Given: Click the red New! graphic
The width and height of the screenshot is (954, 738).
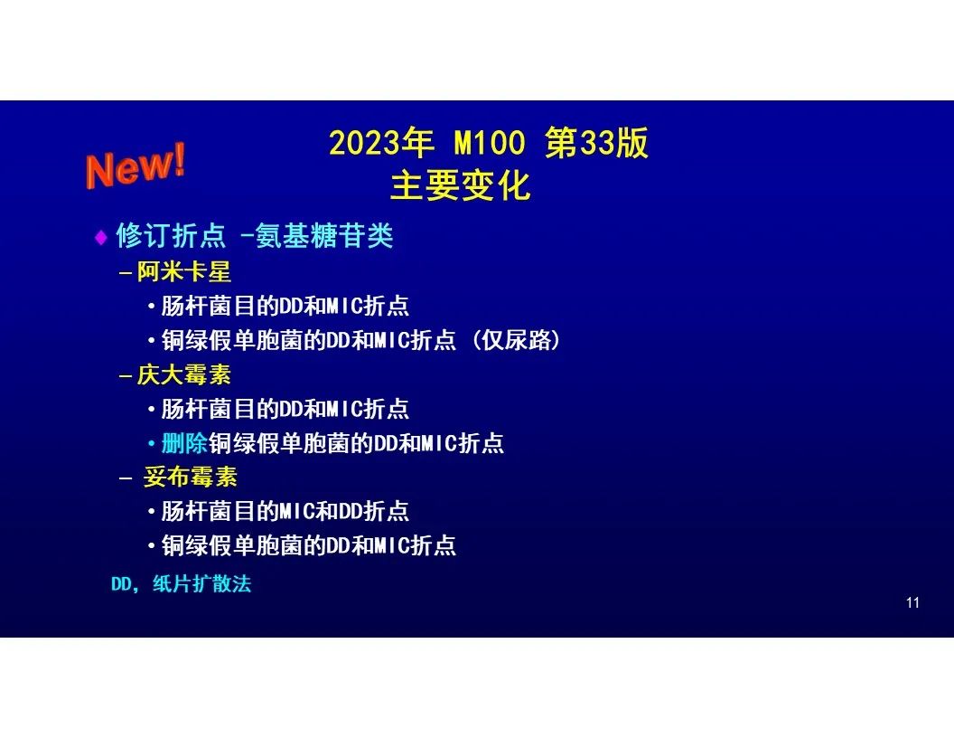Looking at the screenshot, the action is (136, 166).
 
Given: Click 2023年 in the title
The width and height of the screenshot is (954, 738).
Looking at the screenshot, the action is (381, 143).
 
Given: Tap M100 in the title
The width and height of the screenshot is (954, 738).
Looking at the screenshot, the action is (489, 143).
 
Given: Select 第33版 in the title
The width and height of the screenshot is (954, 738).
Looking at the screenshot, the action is (596, 143).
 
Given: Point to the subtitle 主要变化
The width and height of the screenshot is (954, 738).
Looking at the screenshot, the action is (461, 185).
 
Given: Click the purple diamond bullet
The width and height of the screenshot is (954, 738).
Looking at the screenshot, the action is (101, 237).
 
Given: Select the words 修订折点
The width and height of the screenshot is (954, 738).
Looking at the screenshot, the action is (171, 236).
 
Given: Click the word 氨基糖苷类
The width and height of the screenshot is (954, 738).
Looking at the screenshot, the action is (324, 236).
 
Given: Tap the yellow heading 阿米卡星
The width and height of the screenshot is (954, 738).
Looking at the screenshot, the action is (183, 271).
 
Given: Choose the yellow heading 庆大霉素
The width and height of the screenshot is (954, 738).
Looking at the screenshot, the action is (183, 374).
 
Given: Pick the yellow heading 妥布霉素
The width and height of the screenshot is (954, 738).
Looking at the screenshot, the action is (190, 477).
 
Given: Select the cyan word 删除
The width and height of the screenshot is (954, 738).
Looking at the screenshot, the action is (184, 442).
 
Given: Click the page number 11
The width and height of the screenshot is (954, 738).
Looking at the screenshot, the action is (912, 603).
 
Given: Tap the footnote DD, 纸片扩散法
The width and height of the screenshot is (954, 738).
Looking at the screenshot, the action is (181, 584).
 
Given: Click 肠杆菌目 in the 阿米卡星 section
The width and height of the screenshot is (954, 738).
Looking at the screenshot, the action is (208, 306).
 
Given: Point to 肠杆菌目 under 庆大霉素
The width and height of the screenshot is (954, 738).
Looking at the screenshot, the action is (208, 409).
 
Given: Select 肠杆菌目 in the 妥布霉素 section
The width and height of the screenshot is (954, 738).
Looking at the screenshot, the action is (208, 511).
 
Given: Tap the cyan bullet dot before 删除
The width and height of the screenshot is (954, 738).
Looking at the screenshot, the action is (152, 443).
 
